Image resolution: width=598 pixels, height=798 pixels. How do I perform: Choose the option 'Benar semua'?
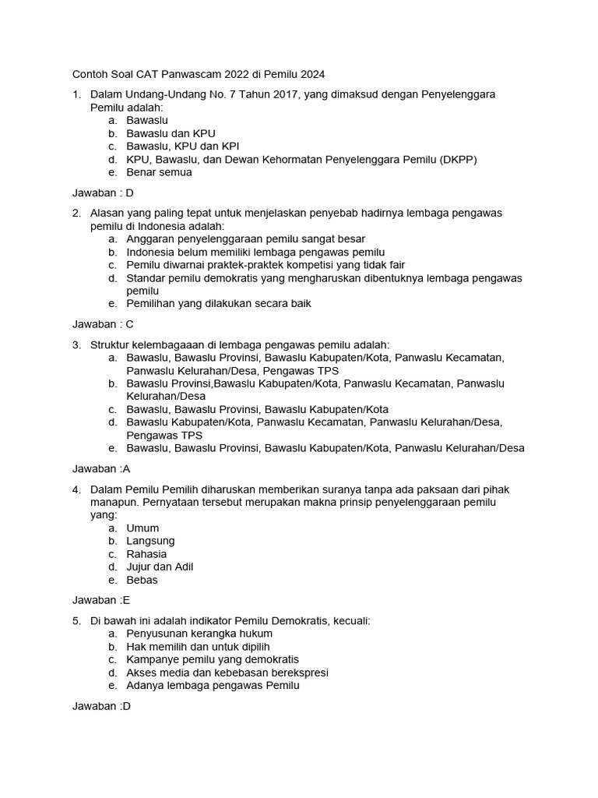click(x=159, y=172)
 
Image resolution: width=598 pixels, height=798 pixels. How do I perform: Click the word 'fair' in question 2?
click(x=393, y=265)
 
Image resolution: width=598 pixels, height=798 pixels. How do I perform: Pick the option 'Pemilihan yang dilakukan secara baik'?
click(x=219, y=303)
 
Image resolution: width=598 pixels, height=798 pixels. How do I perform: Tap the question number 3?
click(x=76, y=344)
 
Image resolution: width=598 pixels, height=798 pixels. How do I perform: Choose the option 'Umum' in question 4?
click(x=142, y=528)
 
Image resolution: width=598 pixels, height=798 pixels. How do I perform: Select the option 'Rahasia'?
click(x=146, y=553)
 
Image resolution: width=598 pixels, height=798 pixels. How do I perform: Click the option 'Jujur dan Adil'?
click(x=160, y=567)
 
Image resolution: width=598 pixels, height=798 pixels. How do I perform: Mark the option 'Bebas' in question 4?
click(x=142, y=580)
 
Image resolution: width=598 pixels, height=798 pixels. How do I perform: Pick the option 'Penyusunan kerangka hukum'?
click(x=199, y=634)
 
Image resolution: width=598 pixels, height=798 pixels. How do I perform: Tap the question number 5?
click(x=76, y=621)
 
